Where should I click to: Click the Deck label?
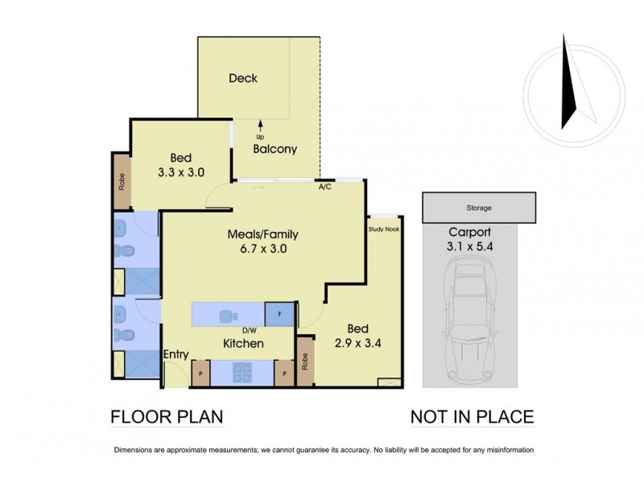242,78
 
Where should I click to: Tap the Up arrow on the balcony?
260,126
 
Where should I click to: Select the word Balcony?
275,149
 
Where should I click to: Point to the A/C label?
326,188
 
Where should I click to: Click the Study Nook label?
383,229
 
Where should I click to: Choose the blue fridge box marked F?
279,314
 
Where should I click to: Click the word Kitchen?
243,344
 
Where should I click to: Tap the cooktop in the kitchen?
244,372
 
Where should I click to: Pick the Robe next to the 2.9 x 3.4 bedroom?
304,359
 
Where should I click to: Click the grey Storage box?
479,208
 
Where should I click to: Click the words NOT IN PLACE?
472,416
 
